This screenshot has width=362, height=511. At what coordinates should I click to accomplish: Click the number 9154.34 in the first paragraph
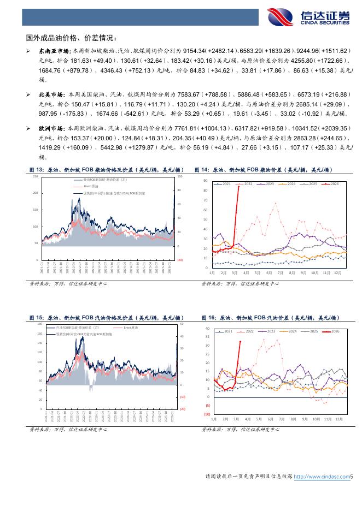click(x=195, y=51)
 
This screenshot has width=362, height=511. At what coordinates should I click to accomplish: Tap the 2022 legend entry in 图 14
click(x=246, y=184)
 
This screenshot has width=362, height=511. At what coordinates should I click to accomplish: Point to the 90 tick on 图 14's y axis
click(x=206, y=180)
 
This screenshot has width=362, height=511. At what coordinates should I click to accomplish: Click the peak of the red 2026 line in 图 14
click(x=238, y=186)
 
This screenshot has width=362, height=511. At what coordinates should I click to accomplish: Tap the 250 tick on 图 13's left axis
click(x=36, y=176)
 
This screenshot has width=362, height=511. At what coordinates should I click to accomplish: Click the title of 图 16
click(x=270, y=318)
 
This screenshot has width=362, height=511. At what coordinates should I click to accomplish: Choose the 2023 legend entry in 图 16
click(x=268, y=331)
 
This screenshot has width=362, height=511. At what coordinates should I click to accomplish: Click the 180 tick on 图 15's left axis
click(x=40, y=324)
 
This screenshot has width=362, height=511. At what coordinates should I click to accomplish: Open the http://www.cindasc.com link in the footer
click(x=322, y=477)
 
